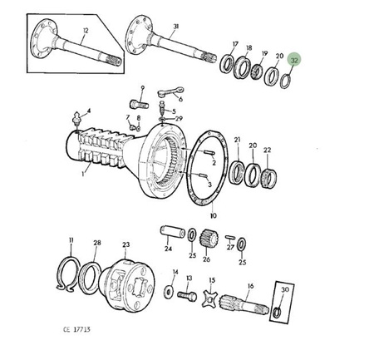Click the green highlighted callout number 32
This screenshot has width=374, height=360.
[x=294, y=60]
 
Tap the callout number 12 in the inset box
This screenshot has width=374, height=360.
[x=86, y=31]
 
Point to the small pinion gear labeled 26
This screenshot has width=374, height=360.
[x=209, y=239]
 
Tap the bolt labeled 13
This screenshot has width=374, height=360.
[x=187, y=296]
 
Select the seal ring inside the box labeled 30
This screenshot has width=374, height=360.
[x=277, y=312]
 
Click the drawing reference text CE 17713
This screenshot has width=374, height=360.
[x=76, y=329]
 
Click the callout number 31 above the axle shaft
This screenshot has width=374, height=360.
[x=176, y=27]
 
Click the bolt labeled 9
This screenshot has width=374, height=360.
[x=139, y=105]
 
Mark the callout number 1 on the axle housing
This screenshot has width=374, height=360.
[x=82, y=174]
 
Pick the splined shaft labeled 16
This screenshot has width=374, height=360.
[x=244, y=304]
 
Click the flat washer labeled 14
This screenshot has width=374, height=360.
[x=168, y=292]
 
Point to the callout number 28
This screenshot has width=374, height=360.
[x=97, y=243]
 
